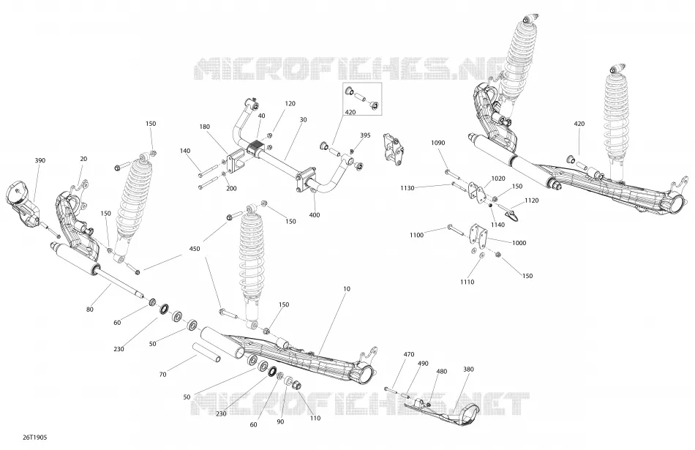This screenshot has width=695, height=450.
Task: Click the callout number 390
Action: coord(40,160)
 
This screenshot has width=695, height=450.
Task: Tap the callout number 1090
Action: coord(438,143)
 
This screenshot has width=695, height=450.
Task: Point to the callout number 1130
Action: coord(407,188)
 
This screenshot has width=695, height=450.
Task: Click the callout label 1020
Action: coord(498,179)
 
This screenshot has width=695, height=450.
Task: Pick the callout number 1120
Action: coord(531,200)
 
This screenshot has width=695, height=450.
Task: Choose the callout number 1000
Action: coord(519,243)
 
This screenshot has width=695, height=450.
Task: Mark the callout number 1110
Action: coord(467,282)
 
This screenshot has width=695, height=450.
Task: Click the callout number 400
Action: coord(315,215)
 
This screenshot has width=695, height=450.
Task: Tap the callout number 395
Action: coord(365,135)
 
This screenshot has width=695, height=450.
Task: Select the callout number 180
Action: coord(204,127)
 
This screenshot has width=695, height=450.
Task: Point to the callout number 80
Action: coord(90,309)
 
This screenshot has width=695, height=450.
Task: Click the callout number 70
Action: coord(162,374)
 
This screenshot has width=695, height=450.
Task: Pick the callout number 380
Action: coord(468,369)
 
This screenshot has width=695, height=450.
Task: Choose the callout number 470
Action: coord(409,354)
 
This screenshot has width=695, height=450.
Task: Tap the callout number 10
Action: coord(347,288)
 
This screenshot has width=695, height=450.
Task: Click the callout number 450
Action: coord(194,249)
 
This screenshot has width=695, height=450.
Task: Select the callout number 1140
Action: coord(497,225)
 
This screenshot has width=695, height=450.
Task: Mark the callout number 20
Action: coord(83,159)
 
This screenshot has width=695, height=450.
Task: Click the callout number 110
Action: coord(315,418)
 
